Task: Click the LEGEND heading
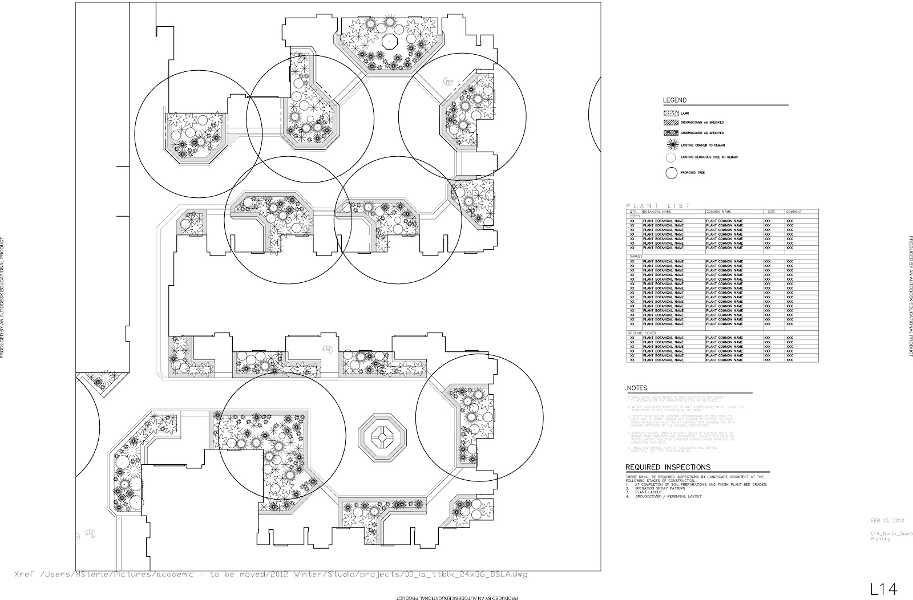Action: pyautogui.click(x=674, y=101)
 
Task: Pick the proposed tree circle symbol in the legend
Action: pyautogui.click(x=670, y=172)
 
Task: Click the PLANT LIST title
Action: pyautogui.click(x=658, y=206)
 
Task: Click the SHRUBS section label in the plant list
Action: pyautogui.click(x=634, y=257)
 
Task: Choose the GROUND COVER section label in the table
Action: pyautogui.click(x=641, y=333)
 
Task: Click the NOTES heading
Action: pyautogui.click(x=637, y=388)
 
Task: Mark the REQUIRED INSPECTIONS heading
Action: pyautogui.click(x=668, y=467)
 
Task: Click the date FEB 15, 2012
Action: pyautogui.click(x=887, y=520)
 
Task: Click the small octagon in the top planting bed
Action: pyautogui.click(x=390, y=42)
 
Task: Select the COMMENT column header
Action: pyautogui.click(x=794, y=212)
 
